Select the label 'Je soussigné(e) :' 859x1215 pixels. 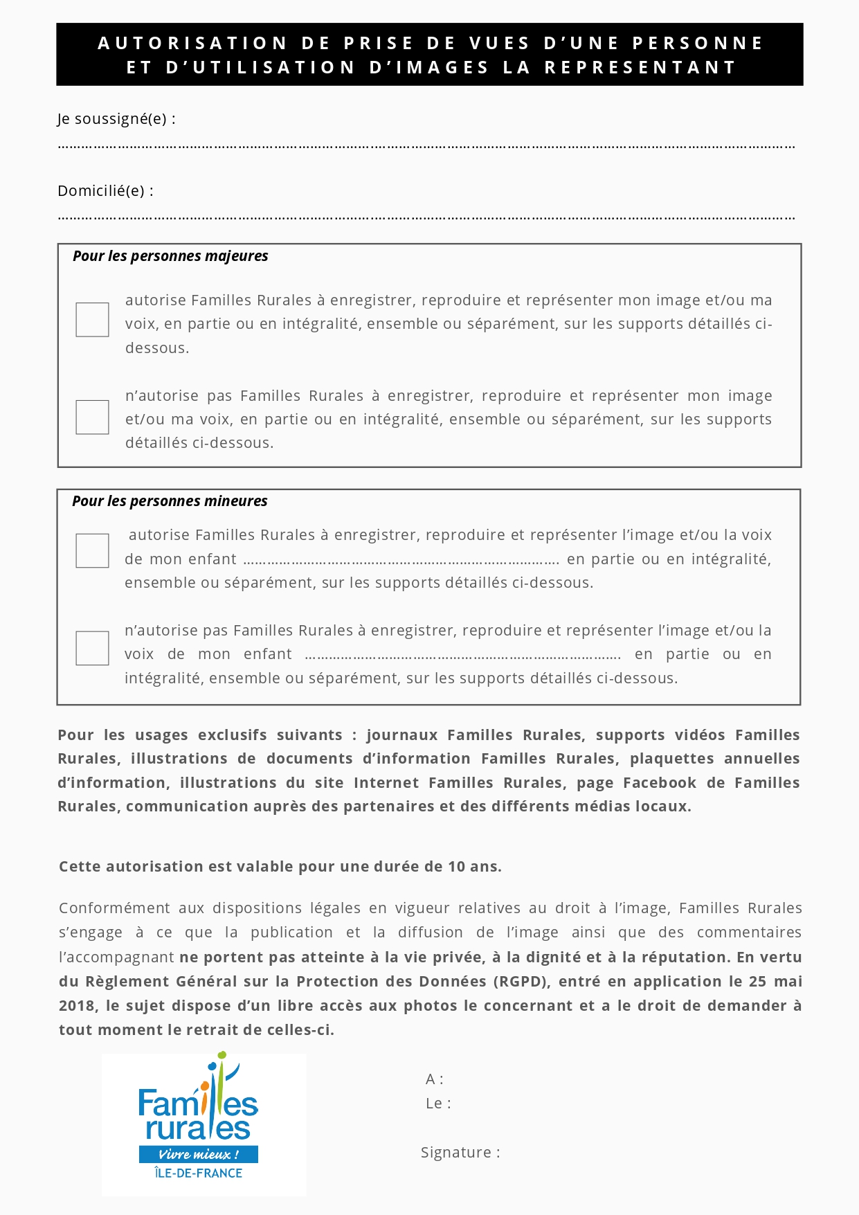(x=116, y=119)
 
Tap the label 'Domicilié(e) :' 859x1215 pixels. (x=105, y=191)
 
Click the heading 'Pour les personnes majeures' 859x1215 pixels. (x=170, y=256)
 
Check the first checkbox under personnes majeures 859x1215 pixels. (x=92, y=320)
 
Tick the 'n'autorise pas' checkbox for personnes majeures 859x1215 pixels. (x=92, y=417)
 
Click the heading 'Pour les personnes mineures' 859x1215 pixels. (x=170, y=501)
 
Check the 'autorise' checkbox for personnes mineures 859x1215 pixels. (x=92, y=551)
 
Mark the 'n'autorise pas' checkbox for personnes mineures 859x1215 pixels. (x=92, y=649)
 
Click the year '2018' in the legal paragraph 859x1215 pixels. (x=78, y=1006)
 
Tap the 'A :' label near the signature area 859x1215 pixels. (x=434, y=1079)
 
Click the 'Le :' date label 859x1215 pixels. (x=438, y=1104)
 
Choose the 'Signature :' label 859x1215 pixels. (x=460, y=1153)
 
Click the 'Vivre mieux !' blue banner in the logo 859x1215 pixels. (x=199, y=1154)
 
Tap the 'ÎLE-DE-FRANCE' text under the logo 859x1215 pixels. (x=199, y=1173)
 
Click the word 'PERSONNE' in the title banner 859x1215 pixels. (x=697, y=44)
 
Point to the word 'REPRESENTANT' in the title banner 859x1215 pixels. (x=640, y=68)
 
